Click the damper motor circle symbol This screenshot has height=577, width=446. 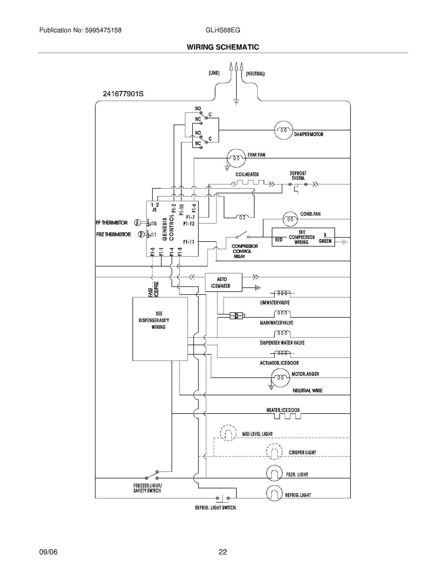(x=284, y=130)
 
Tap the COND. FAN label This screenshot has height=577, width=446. (x=310, y=214)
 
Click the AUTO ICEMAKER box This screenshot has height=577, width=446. (x=223, y=282)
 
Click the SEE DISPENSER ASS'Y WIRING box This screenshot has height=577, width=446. (x=160, y=329)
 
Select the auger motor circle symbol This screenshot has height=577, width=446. (x=280, y=378)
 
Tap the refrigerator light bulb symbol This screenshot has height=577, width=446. (x=274, y=493)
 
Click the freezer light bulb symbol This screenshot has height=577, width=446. (x=274, y=473)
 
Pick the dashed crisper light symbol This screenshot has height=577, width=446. (x=274, y=452)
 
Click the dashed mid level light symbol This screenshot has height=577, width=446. (x=228, y=433)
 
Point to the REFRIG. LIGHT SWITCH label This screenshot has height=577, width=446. (x=215, y=507)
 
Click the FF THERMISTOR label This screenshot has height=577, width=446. (x=111, y=223)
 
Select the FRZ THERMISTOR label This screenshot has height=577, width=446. (x=113, y=234)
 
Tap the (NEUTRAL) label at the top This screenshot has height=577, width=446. (x=255, y=74)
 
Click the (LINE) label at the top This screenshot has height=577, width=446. (x=214, y=73)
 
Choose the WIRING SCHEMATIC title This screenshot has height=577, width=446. (x=223, y=47)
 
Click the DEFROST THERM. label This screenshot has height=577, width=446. (x=298, y=176)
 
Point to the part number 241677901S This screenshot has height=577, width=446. (x=123, y=94)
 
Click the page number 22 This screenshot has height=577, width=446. (x=223, y=552)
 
